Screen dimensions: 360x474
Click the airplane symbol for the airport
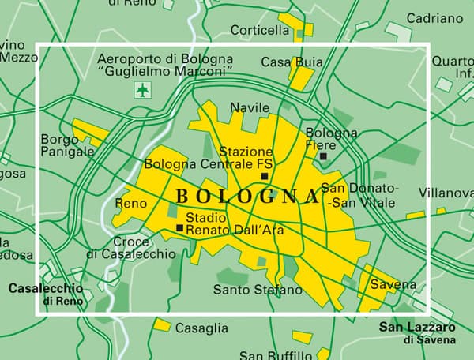[142, 90]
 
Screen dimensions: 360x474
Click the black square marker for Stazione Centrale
[265, 176]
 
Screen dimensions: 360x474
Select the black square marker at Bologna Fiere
[324, 157]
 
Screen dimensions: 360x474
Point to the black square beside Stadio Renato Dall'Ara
[180, 228]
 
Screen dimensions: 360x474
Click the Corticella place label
[260, 31]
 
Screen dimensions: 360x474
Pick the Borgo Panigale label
[66, 145]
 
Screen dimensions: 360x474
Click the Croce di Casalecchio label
[131, 248]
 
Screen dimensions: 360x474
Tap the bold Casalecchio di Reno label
[46, 294]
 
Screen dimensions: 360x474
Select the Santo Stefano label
[258, 290]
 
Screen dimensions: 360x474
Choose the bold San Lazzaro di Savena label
[417, 332]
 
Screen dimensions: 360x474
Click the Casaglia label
[201, 328]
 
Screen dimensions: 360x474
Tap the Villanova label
[446, 193]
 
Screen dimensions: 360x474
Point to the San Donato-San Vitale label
[359, 196]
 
